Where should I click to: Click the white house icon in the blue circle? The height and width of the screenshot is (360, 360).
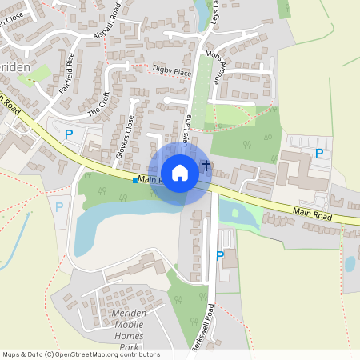180,173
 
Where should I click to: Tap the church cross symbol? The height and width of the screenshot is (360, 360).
206,166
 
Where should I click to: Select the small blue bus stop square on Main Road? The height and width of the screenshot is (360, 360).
134,181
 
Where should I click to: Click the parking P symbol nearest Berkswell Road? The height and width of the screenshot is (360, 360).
220,256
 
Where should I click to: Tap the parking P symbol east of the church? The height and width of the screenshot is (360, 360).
319,154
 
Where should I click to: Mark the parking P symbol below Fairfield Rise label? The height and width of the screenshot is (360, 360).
68,134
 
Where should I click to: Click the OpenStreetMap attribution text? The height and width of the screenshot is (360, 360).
81,354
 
